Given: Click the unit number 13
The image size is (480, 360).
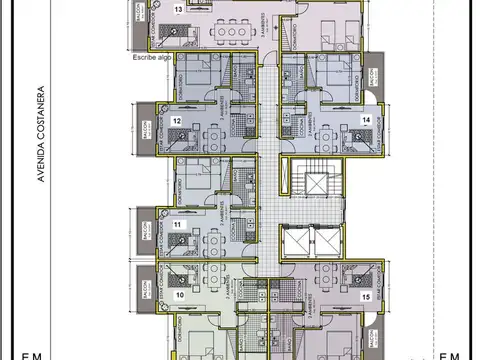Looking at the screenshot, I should (178, 9).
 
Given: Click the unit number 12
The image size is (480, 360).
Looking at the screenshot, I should (176, 121).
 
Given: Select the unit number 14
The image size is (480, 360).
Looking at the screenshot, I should (365, 119).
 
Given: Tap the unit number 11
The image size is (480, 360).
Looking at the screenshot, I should (177, 226).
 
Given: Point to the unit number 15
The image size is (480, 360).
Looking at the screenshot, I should (366, 297).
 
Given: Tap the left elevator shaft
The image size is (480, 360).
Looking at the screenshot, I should (297, 243).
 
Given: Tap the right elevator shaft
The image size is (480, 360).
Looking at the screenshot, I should (325, 243).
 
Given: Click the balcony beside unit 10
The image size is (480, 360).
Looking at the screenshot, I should (146, 289).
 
